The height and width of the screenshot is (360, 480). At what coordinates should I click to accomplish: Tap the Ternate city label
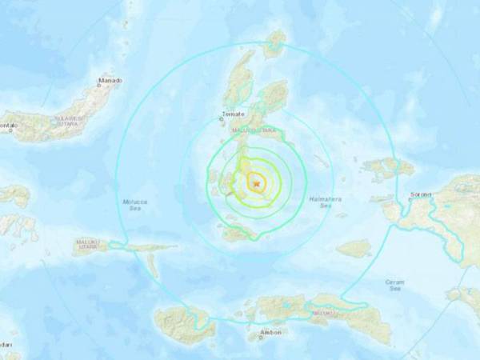point(233,117)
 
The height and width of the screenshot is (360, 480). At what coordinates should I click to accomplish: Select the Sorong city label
point(420,194)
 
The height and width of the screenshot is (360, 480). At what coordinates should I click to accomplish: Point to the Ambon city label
point(270,331)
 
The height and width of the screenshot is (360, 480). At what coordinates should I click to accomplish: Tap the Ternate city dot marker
point(231,123)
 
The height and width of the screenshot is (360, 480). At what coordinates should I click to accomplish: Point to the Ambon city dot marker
point(261,336)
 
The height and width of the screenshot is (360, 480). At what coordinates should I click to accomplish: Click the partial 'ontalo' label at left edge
point(9,126)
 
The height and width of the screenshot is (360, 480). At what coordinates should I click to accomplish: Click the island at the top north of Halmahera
point(277,44)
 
